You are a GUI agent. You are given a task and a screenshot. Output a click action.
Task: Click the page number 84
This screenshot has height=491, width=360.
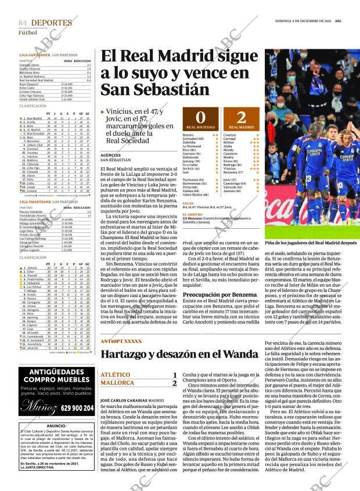click(23, 22)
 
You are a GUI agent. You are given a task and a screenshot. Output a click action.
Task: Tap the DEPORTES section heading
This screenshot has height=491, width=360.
click(52, 22)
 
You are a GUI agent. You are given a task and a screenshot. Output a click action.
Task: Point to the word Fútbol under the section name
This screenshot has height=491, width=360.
click(27, 33)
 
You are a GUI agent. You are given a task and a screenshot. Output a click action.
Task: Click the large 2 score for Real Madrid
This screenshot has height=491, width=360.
click(241, 116)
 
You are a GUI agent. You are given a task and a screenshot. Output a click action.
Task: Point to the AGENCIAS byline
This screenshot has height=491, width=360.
click(111, 155)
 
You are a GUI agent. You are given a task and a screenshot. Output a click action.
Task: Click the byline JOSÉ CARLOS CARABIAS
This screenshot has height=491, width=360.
click(124, 400)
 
